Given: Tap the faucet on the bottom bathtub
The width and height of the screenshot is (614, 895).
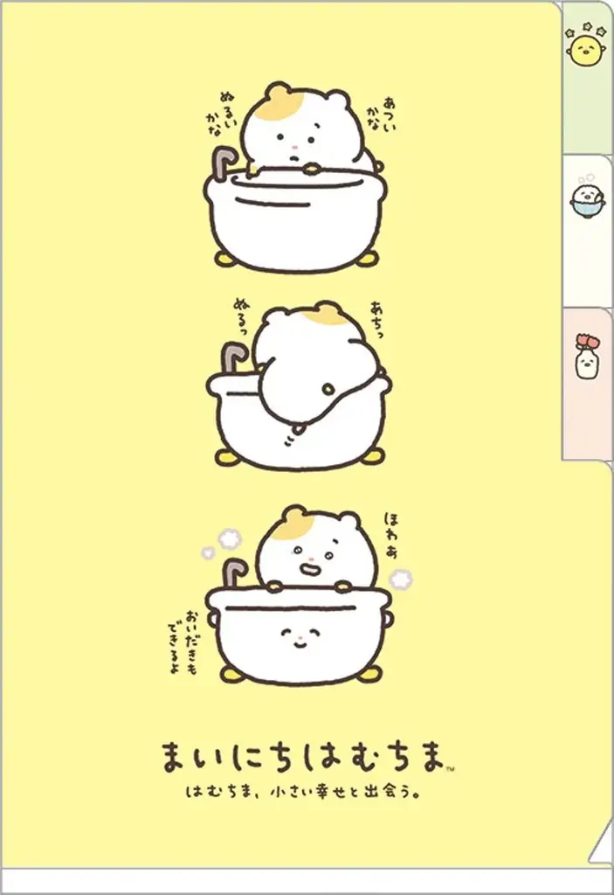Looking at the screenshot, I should pos(231,573).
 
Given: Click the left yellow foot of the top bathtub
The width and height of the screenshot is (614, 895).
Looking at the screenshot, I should pos(224,259).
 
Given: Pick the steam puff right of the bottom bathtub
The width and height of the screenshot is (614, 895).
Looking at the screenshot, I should pos(401,579).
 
